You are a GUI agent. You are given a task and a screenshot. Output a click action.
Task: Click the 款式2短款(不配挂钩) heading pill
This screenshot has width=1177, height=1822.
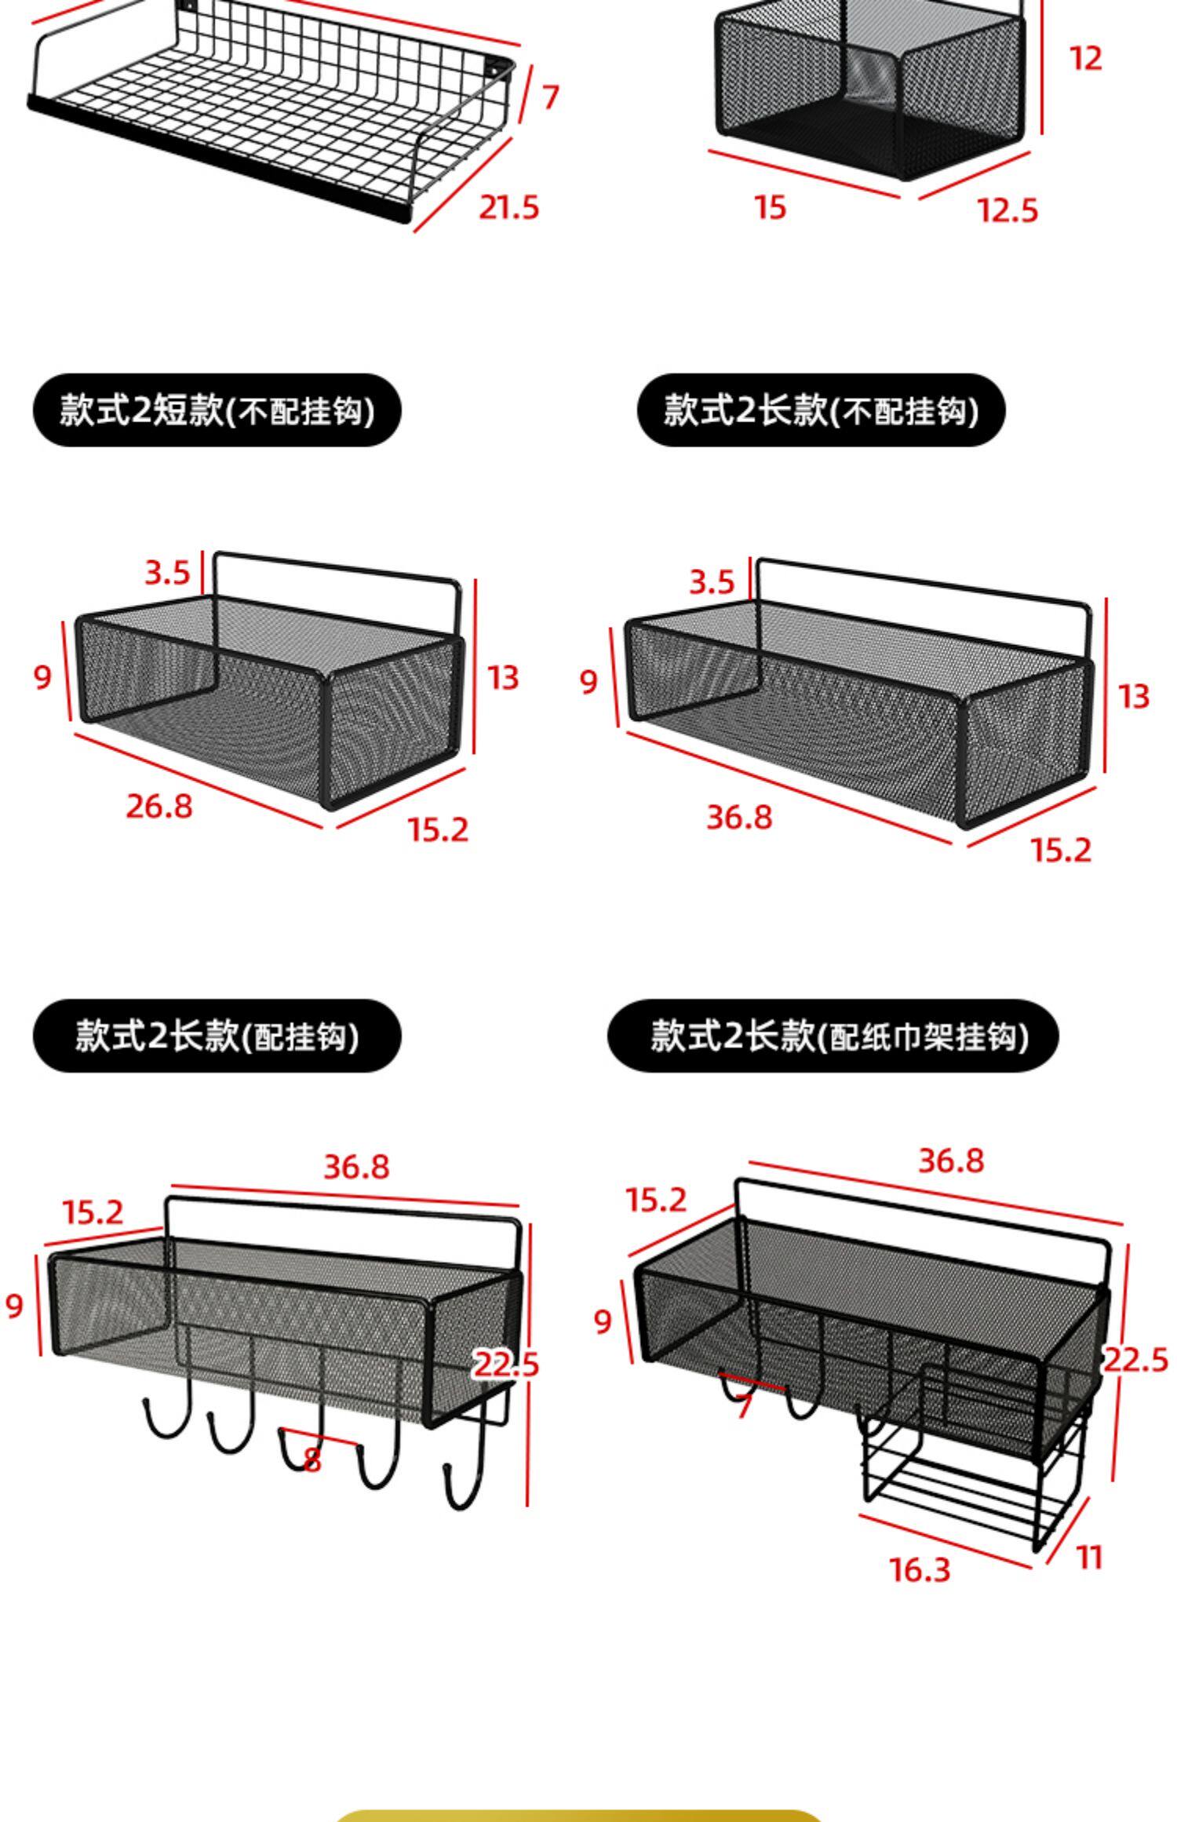coord(217,410)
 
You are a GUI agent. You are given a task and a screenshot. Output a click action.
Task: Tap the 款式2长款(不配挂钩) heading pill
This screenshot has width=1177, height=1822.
coord(821,410)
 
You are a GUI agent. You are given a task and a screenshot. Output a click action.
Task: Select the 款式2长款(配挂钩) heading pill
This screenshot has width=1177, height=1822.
coord(217,1036)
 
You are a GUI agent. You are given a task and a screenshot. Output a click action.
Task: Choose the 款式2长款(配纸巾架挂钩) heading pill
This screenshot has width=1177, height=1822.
coord(833,1036)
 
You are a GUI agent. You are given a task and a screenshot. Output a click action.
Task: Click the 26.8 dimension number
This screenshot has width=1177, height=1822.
coord(159,806)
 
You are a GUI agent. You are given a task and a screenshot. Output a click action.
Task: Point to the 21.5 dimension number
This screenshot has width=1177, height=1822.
coord(508,208)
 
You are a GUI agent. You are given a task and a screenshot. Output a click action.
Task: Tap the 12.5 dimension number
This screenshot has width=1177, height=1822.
coord(1008,210)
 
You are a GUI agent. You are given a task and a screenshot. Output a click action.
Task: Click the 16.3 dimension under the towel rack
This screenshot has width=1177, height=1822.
coord(920,1569)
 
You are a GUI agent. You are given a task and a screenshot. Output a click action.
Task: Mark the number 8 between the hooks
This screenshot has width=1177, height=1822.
coord(312,1460)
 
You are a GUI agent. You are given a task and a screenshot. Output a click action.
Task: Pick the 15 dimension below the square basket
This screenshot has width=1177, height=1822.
coord(770,208)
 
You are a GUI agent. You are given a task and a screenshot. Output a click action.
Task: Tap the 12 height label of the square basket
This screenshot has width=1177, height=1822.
coord(1086,59)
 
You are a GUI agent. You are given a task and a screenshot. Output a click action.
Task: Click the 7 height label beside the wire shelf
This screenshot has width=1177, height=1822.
coord(551,97)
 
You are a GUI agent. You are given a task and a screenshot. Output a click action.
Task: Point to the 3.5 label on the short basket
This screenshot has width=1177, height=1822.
coord(167,573)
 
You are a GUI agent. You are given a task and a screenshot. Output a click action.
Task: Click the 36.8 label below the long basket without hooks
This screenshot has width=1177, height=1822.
coord(739,817)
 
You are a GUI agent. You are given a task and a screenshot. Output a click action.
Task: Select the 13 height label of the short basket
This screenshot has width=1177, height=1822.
coord(503,677)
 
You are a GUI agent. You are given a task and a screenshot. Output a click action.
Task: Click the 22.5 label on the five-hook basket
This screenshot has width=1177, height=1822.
coord(506,1365)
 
